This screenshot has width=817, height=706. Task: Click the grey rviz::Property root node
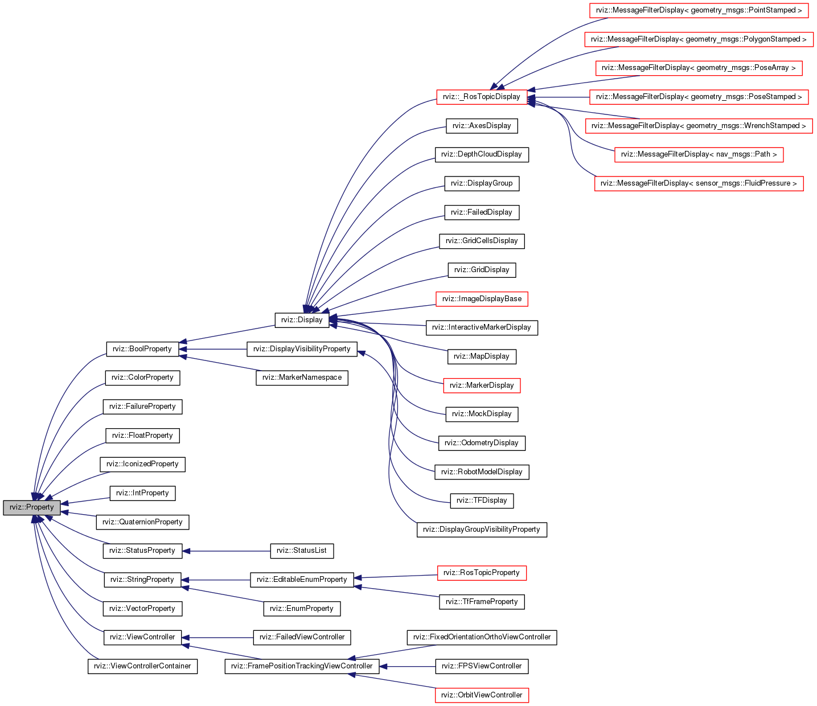pyautogui.click(x=31, y=507)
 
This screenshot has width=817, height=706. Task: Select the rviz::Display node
pyautogui.click(x=302, y=320)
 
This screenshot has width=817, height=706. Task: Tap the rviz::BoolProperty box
pyautogui.click(x=142, y=349)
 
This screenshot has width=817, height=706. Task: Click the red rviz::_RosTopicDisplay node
pyautogui.click(x=482, y=97)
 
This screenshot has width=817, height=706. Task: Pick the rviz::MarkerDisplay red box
pyautogui.click(x=482, y=385)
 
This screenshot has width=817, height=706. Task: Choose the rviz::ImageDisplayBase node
pyautogui.click(x=482, y=299)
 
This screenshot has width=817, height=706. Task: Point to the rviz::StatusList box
pyautogui.click(x=302, y=551)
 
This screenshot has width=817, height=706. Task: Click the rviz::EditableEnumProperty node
pyautogui.click(x=302, y=580)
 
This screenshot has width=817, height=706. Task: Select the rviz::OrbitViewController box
pyautogui.click(x=482, y=695)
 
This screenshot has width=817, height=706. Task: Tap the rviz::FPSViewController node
pyautogui.click(x=482, y=666)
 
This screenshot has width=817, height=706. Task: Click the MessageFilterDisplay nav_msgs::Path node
pyautogui.click(x=699, y=154)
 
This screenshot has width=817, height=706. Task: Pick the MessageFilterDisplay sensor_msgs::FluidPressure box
pyautogui.click(x=699, y=183)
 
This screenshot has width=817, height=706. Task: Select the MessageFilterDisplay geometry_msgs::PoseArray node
pyautogui.click(x=699, y=68)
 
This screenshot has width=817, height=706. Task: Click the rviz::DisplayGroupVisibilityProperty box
pyautogui.click(x=482, y=529)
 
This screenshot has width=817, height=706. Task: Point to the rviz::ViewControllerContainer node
pyautogui.click(x=142, y=666)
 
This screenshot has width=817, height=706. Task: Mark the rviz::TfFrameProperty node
pyautogui.click(x=482, y=602)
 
